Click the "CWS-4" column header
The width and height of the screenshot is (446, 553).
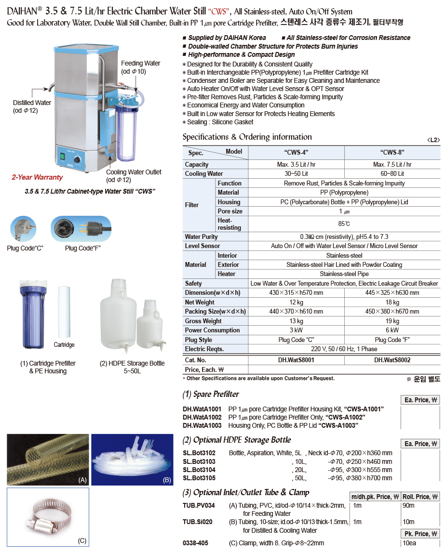(296, 153)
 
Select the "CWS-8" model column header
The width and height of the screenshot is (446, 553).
(392, 153)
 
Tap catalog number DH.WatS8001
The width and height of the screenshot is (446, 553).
(296, 360)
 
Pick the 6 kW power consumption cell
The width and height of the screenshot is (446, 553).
(392, 330)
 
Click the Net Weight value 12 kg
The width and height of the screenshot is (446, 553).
(296, 303)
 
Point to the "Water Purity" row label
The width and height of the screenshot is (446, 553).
(202, 237)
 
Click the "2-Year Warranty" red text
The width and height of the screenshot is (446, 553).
(37, 177)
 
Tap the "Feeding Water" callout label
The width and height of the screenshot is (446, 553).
(140, 64)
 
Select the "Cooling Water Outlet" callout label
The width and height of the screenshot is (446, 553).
(134, 172)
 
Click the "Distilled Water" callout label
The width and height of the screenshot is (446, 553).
(32, 103)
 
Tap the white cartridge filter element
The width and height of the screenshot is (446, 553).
(64, 311)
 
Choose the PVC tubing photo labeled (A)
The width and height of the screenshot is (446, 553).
(48, 459)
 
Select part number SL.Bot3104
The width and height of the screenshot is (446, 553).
(199, 470)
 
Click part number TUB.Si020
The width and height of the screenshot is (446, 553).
(198, 522)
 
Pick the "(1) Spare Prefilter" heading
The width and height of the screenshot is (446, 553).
(211, 395)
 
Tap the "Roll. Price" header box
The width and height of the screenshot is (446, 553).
(420, 497)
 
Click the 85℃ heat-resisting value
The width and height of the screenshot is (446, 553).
(344, 224)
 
